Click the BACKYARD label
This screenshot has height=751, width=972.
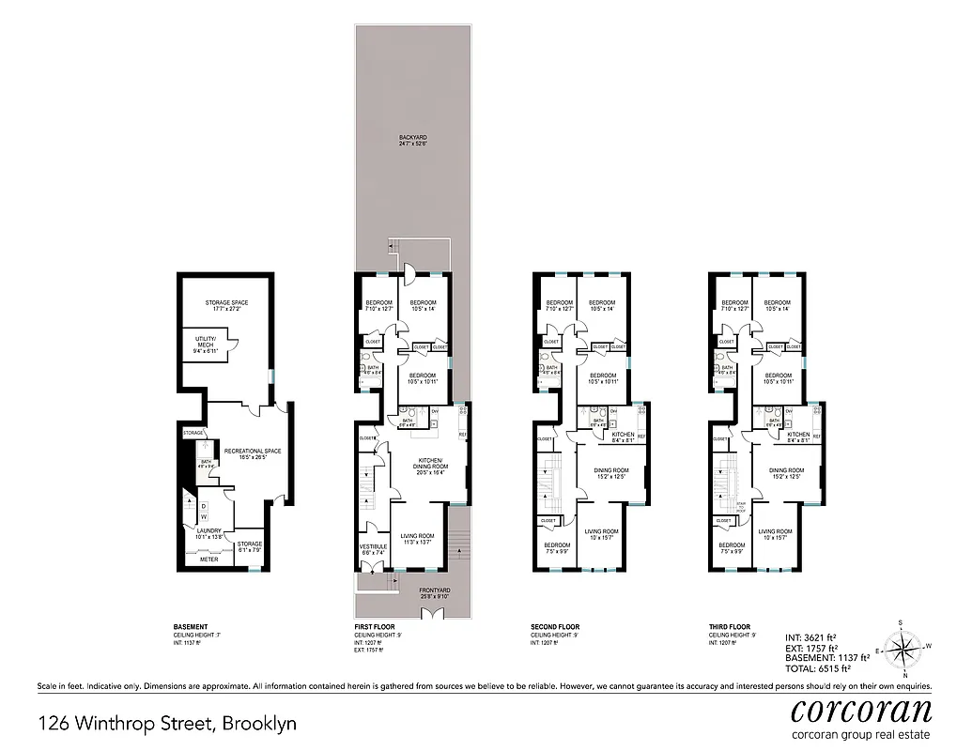402,137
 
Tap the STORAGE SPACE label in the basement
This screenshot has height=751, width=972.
225,302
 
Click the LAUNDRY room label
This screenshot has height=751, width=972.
208,530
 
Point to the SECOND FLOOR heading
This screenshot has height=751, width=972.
555,627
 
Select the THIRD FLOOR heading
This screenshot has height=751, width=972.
730,627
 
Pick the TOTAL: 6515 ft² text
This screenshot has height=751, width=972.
818,668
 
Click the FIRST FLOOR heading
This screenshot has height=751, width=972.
374,627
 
